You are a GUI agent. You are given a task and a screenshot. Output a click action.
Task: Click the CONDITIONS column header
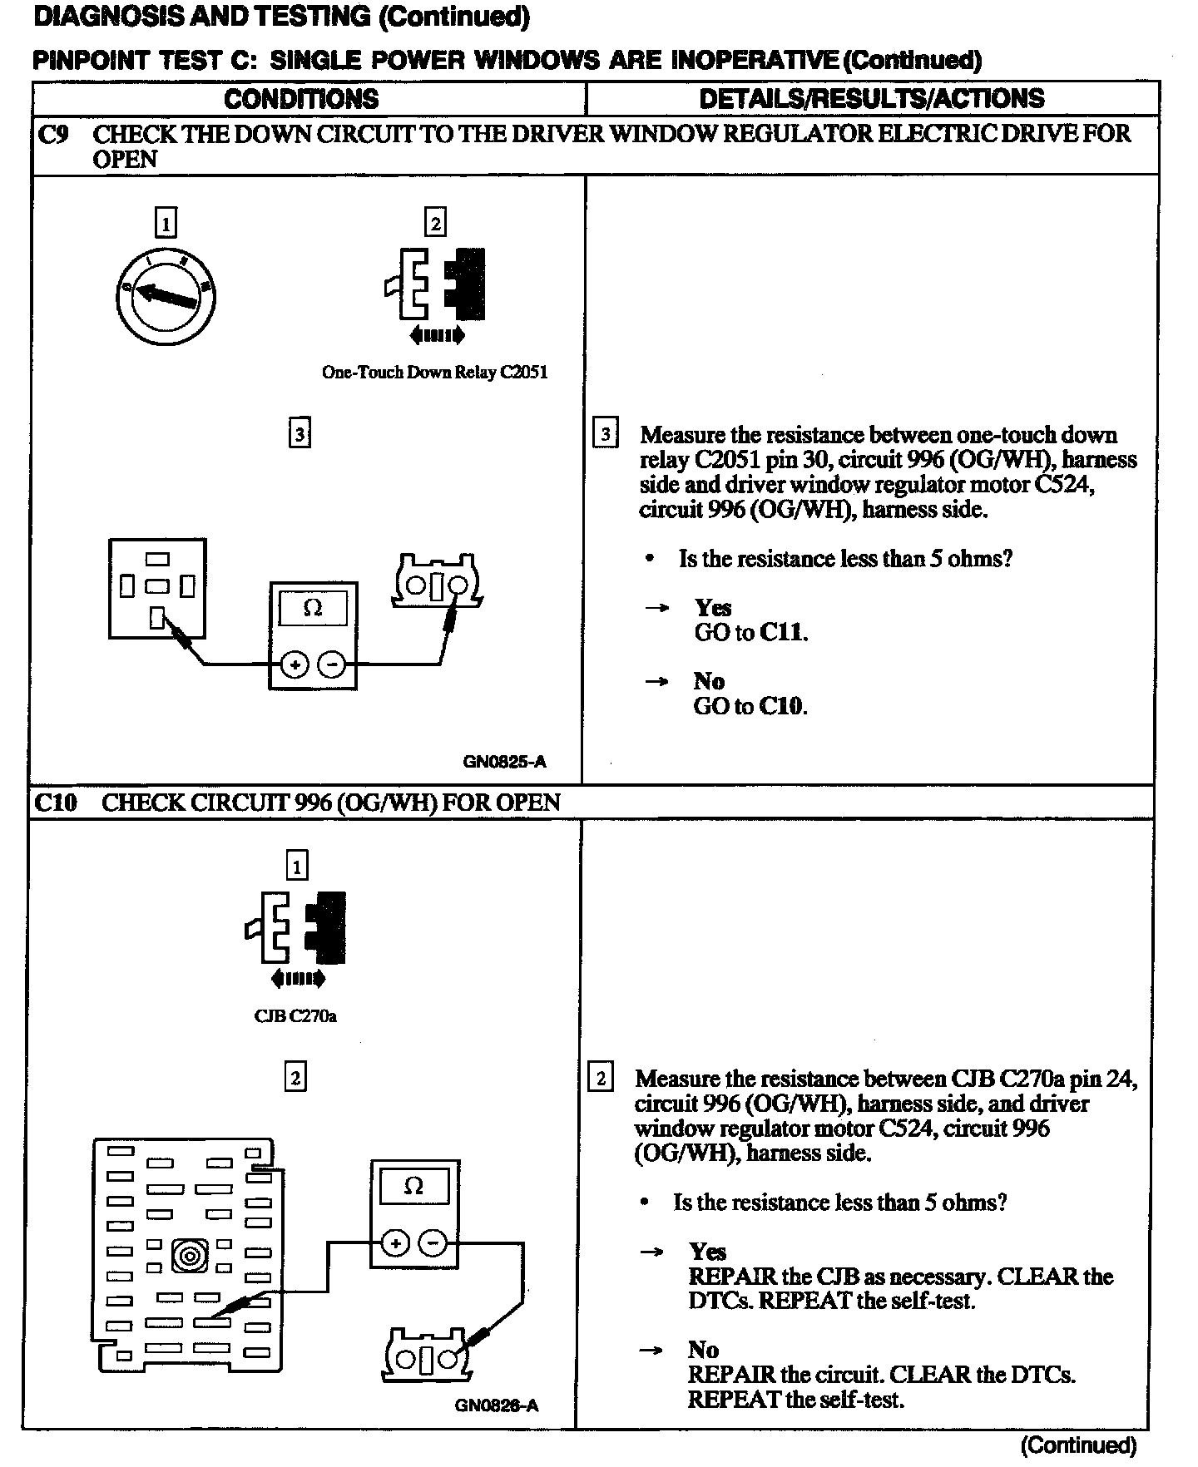(301, 99)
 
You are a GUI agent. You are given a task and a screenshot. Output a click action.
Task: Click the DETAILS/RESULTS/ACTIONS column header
(871, 98)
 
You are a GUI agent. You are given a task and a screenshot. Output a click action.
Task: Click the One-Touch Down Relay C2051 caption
(434, 373)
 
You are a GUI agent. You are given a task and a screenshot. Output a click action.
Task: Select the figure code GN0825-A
(505, 762)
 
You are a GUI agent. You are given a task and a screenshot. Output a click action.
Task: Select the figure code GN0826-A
(497, 1405)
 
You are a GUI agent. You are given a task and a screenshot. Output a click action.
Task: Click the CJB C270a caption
(295, 1015)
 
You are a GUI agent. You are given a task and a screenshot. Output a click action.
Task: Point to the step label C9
(54, 135)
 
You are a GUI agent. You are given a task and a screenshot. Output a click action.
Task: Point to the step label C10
(56, 803)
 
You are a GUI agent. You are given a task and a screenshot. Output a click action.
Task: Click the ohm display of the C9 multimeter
(313, 609)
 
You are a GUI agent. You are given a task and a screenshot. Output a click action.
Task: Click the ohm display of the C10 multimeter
(413, 1186)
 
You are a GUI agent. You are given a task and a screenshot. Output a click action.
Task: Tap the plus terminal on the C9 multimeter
(295, 664)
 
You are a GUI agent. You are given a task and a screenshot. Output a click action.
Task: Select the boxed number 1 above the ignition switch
(166, 223)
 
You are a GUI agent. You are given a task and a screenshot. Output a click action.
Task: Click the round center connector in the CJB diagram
(190, 1255)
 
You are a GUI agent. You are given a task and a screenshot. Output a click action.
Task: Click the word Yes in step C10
(707, 1252)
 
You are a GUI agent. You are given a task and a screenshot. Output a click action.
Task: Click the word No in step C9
(709, 681)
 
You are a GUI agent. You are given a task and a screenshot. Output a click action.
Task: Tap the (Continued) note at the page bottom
(1078, 1445)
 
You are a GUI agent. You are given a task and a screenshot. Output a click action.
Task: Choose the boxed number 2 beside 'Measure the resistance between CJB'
(601, 1079)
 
